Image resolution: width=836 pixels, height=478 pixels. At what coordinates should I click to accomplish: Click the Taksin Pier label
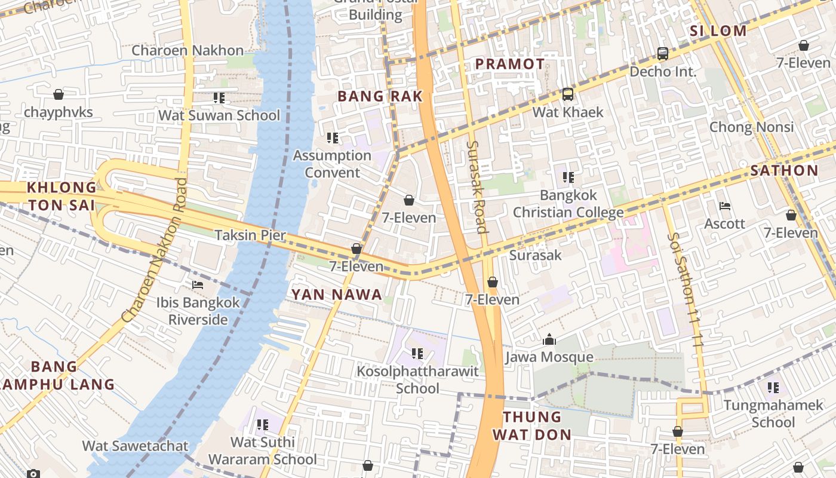point(250,235)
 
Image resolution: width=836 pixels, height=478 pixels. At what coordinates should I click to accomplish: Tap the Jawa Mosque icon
point(549,341)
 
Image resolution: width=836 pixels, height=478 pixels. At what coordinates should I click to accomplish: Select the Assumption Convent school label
point(332,164)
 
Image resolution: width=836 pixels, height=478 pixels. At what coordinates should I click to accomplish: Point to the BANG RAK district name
point(380,96)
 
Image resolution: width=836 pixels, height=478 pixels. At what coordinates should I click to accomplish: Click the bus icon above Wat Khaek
point(567,94)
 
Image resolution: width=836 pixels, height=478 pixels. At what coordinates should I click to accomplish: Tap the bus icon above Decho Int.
point(663,54)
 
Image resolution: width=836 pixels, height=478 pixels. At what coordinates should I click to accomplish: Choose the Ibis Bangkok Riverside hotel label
point(198,311)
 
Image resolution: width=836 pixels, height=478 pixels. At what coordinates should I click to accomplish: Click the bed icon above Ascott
point(725,206)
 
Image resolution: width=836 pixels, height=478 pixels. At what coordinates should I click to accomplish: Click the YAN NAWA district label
point(336,294)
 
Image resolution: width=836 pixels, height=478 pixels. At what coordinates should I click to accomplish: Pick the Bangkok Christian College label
point(568,204)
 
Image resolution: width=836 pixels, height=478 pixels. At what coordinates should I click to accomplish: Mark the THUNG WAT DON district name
point(531,425)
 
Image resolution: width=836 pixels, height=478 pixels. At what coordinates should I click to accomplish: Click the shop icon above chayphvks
point(59,94)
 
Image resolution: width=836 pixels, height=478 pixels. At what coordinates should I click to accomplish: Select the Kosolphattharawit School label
point(417,380)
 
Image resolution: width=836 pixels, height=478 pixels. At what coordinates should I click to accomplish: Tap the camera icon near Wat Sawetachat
point(33,474)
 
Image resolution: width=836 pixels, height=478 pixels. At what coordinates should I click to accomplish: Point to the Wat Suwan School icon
point(219,97)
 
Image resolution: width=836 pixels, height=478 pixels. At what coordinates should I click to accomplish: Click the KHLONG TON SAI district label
point(61,196)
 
